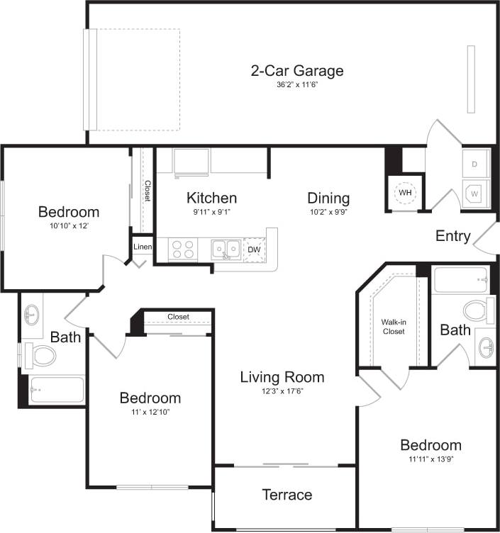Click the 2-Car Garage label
coord(296,71)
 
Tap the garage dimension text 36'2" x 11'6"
coord(296,85)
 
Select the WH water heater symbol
coord(405,193)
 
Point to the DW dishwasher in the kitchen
coord(253,249)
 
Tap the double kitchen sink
coord(226,249)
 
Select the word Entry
coord(452,236)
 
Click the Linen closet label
coord(142,247)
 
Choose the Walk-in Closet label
coord(393,326)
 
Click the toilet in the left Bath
coord(40,354)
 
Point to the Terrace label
coord(287,495)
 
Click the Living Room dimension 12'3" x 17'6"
coord(282,391)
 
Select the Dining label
coord(328,198)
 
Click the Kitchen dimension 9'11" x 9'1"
coord(211,211)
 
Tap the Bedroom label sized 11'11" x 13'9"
coord(430,445)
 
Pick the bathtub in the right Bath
coord(460,281)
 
